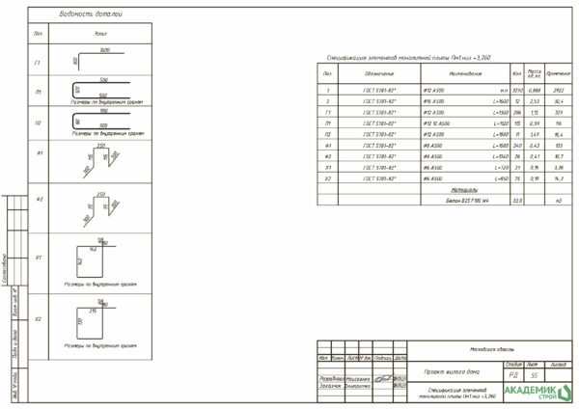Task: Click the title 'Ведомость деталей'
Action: click(x=91, y=14)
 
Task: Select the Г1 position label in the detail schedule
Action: click(x=38, y=64)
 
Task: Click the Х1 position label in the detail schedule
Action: click(x=38, y=258)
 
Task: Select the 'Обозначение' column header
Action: click(x=378, y=73)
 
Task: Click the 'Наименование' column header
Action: click(x=464, y=73)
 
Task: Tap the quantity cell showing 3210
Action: click(x=517, y=90)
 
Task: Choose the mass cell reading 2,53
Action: click(x=535, y=100)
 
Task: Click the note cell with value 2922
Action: click(x=558, y=90)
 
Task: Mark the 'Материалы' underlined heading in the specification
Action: click(x=465, y=190)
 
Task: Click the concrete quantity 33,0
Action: click(x=517, y=201)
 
